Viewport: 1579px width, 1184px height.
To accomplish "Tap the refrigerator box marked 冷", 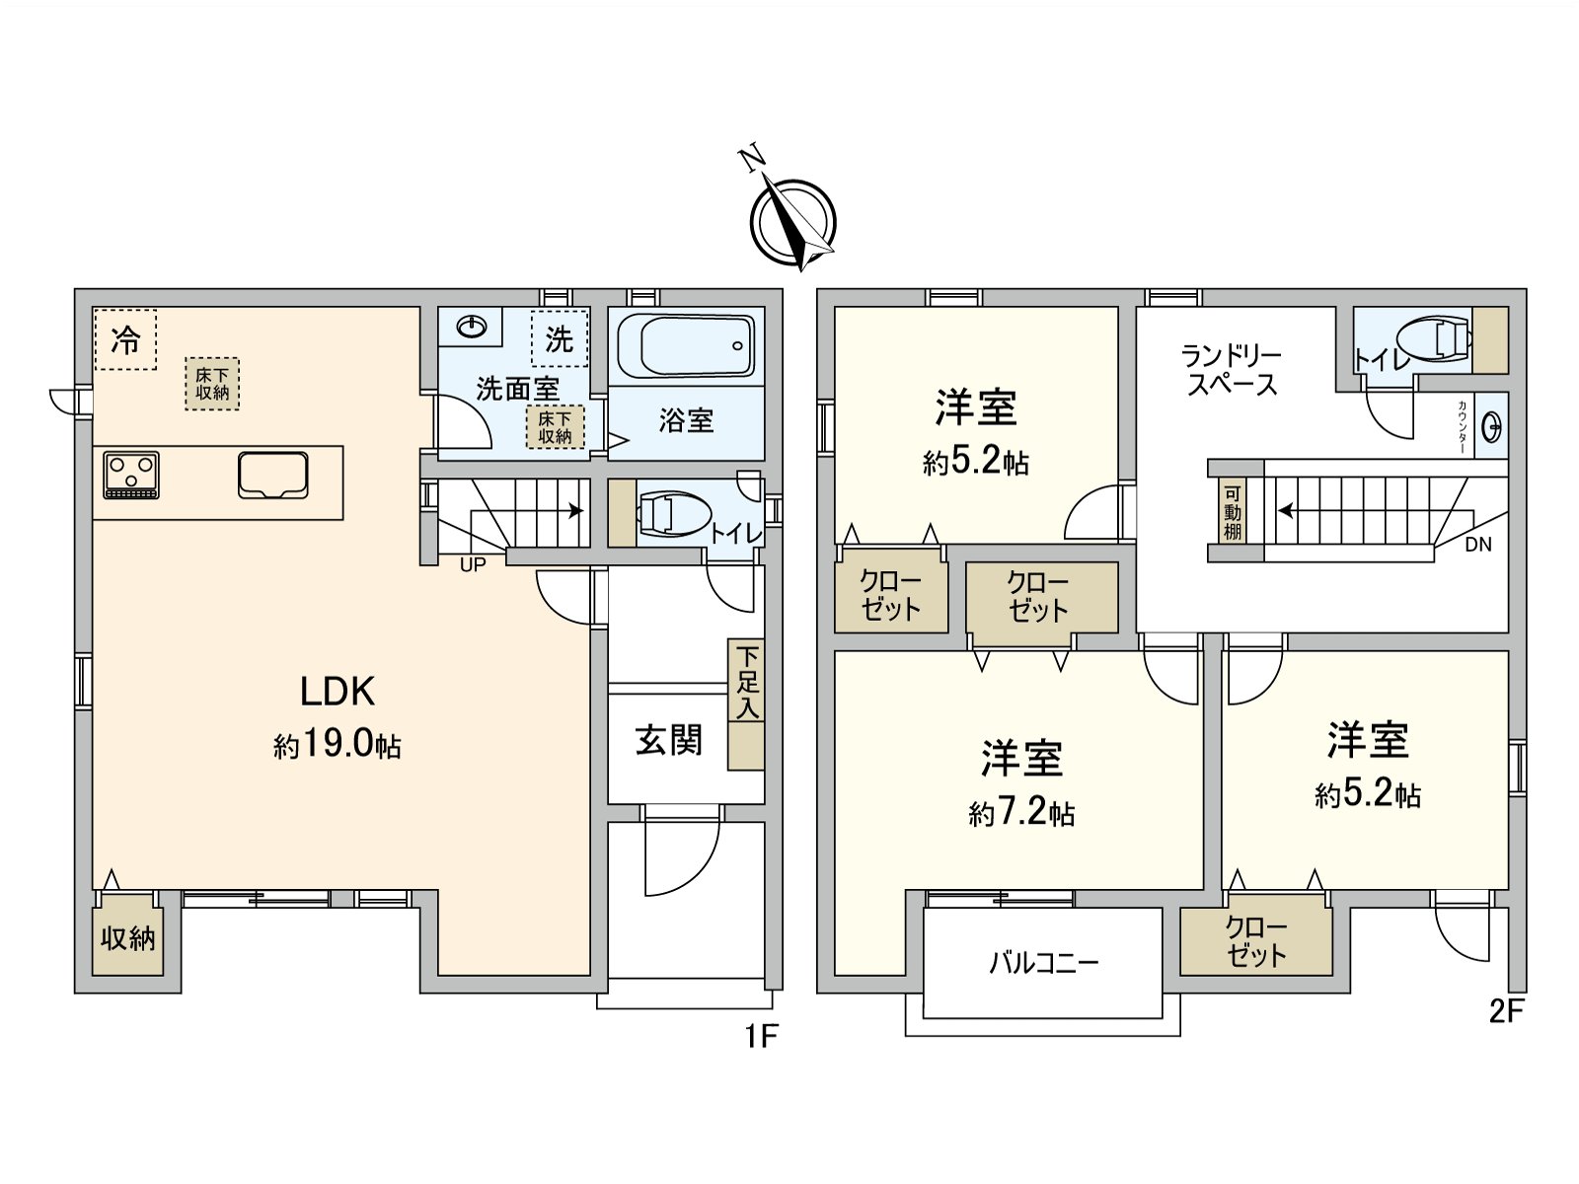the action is click(x=125, y=339).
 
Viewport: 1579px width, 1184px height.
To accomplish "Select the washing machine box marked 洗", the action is click(x=559, y=338).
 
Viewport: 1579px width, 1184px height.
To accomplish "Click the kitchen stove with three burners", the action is click(x=131, y=475).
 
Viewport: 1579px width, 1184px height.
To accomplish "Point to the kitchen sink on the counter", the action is click(x=273, y=475).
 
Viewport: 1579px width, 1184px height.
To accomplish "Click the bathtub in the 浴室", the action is click(x=686, y=346).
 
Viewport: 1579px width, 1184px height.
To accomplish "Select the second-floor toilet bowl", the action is click(x=1434, y=339).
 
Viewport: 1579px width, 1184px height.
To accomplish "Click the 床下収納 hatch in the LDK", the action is click(x=212, y=384).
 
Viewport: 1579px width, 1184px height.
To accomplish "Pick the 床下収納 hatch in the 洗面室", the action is click(x=555, y=427).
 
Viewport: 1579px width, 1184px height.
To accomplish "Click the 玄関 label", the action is click(x=668, y=740).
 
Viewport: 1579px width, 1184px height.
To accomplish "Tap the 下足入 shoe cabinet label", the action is click(x=747, y=682).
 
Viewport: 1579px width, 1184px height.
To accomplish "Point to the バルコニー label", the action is click(x=1043, y=963).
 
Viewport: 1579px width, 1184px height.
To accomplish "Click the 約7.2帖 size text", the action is click(x=1021, y=813).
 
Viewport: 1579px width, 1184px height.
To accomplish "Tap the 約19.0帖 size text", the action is click(x=337, y=745).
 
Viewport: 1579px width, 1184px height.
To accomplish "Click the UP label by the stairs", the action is click(x=473, y=565).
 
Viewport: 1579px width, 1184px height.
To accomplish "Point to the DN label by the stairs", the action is click(x=1478, y=545).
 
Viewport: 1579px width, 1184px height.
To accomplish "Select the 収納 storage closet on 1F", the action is click(x=127, y=937).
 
